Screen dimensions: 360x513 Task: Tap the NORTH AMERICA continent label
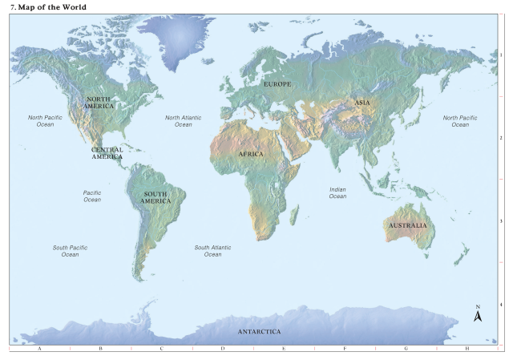(x=99, y=103)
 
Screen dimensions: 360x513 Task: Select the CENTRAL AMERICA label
(x=107, y=152)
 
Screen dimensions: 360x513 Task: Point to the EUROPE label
(x=277, y=84)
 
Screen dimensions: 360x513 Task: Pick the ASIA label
(x=362, y=103)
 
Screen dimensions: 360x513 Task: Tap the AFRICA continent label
(x=251, y=154)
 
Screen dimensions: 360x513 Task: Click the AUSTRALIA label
(x=408, y=225)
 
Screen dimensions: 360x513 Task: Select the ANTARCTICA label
(x=259, y=331)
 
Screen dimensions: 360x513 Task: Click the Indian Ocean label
(x=337, y=192)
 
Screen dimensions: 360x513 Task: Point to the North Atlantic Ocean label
(x=184, y=121)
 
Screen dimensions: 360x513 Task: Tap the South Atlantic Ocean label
(x=212, y=251)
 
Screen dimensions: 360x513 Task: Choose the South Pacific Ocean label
(x=71, y=251)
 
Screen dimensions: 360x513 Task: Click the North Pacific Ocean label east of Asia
(x=460, y=121)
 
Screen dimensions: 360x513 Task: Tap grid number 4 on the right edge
(x=501, y=304)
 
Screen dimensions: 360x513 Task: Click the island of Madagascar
(x=293, y=213)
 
